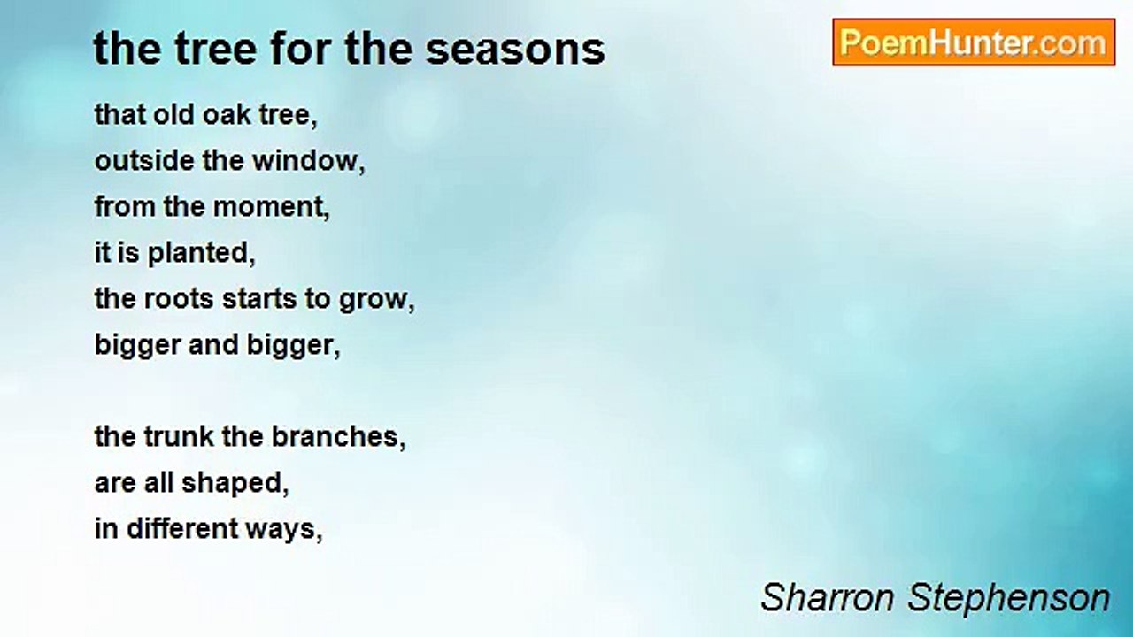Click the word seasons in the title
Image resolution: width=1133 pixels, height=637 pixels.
point(515,50)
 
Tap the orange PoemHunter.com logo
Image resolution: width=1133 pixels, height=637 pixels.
point(974,42)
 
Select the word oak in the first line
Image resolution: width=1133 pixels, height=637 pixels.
point(227,114)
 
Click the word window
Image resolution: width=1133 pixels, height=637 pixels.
point(308,161)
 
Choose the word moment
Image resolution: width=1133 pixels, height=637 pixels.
point(271,207)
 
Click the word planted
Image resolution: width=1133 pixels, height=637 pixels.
point(201,253)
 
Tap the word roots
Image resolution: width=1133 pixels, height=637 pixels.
point(179,299)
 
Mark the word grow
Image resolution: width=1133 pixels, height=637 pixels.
point(376,300)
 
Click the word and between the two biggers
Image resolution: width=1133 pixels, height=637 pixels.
point(213,345)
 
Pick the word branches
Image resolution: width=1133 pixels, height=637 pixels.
point(338,436)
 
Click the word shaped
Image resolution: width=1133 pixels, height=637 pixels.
point(235,483)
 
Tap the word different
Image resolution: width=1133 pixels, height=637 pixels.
point(182,529)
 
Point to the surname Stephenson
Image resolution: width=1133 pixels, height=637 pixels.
point(1008,599)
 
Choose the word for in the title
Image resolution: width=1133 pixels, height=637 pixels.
point(302,49)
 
